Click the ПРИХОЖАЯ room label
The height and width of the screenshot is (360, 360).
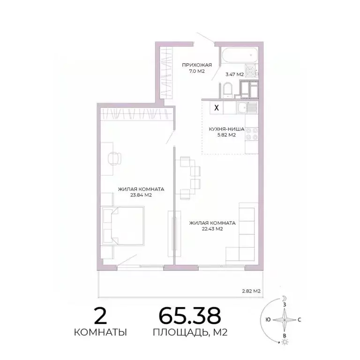click(197, 65)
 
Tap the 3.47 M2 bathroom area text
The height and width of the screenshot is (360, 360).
click(234, 74)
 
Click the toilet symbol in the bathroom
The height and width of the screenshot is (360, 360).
click(227, 89)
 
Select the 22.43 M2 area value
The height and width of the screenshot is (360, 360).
click(212, 229)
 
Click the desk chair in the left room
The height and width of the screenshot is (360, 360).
click(113, 159)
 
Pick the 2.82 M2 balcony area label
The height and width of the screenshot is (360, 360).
click(250, 291)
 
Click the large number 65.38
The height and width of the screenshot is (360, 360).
click(189, 316)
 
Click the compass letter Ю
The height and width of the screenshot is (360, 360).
click(267, 320)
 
